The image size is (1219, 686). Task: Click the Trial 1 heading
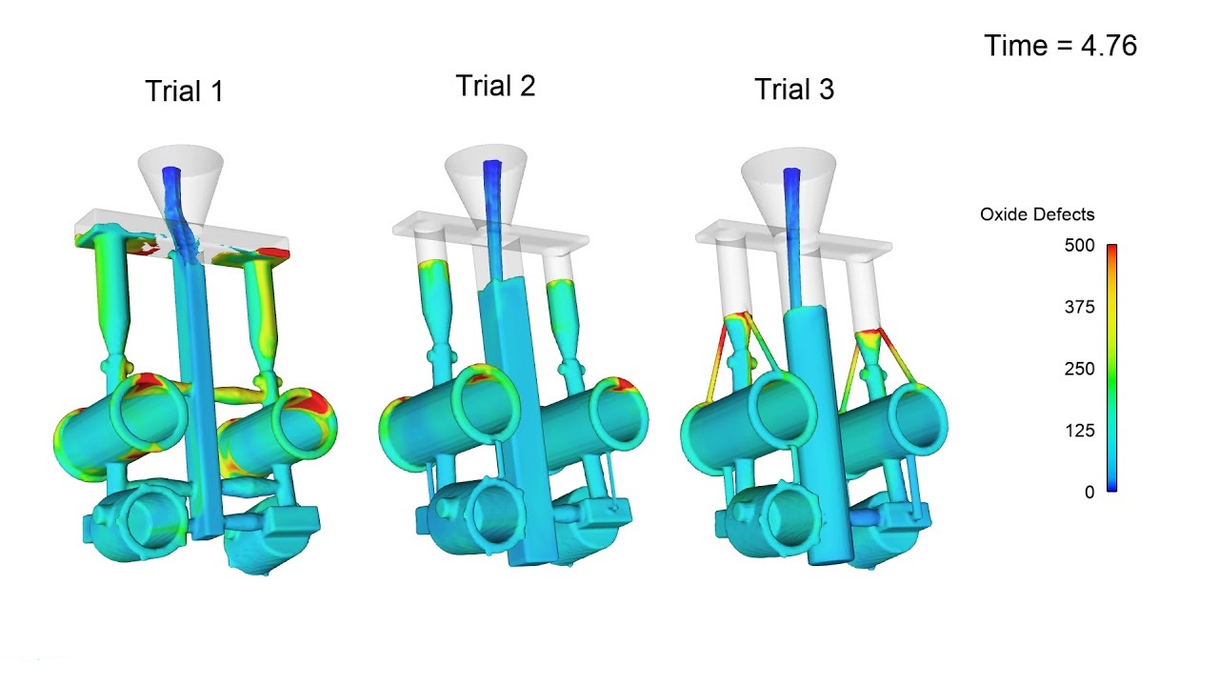[185, 91]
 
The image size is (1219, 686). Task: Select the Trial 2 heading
[495, 86]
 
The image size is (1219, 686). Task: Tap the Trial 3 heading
[794, 90]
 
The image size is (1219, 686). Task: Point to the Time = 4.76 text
[1061, 45]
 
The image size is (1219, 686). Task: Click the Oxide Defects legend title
[1037, 214]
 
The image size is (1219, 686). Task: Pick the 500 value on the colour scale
[1080, 246]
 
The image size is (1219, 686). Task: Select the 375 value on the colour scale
[1080, 307]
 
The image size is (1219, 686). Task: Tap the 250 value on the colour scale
[1080, 369]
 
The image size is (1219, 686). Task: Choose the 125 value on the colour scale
[1080, 431]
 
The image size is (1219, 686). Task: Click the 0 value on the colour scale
[1089, 493]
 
